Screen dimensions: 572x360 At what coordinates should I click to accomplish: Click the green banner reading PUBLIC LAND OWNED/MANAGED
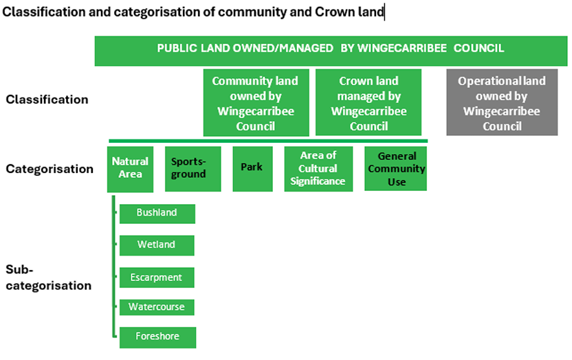(x=331, y=51)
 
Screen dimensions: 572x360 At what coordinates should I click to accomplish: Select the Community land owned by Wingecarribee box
(x=256, y=103)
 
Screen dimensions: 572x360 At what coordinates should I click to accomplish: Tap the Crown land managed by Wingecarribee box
(x=368, y=102)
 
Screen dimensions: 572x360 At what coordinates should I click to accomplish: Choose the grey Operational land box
(x=502, y=102)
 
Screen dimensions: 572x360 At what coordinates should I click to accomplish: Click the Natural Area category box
(x=130, y=169)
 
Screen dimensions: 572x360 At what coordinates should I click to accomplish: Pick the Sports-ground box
(x=193, y=169)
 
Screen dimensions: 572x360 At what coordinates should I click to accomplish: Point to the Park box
(x=252, y=169)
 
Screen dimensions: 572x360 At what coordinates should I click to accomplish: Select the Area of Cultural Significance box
(x=318, y=169)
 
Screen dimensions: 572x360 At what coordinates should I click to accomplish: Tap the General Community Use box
(x=395, y=168)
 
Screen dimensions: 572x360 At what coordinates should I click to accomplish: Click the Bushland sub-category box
(x=157, y=214)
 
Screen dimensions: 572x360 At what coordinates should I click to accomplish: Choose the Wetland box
(x=157, y=245)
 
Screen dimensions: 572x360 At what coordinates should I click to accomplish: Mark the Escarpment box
(x=157, y=278)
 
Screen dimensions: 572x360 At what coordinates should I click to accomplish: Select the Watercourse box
(x=157, y=307)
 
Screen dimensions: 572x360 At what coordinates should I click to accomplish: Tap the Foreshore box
(x=157, y=337)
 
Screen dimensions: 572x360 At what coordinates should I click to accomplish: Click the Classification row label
(x=47, y=100)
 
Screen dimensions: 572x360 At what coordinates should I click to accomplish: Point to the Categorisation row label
(x=49, y=169)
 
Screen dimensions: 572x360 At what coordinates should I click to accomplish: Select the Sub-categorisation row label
(x=48, y=278)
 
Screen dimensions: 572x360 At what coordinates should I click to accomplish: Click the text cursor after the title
(x=384, y=12)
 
